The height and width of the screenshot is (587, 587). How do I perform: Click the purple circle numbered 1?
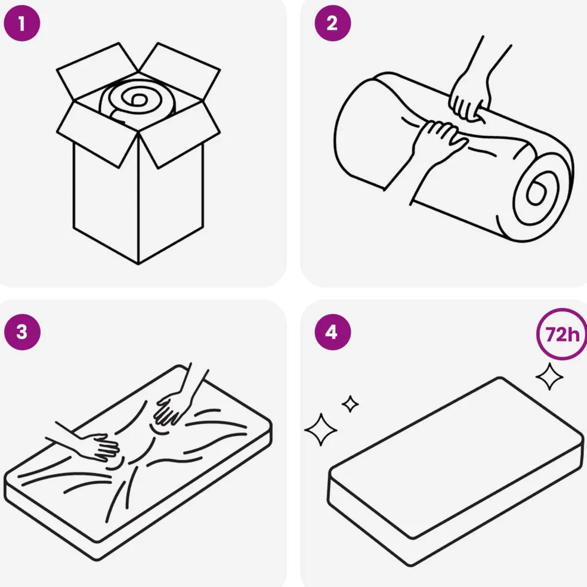click(21, 23)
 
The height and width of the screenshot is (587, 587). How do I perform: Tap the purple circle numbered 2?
click(332, 23)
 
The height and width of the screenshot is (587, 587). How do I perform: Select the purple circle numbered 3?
click(22, 332)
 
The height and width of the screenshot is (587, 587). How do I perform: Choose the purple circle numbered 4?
click(332, 332)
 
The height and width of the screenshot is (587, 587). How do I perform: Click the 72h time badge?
click(561, 334)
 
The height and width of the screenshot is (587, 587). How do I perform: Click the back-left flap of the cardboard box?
click(98, 71)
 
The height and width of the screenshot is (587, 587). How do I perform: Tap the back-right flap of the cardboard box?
click(180, 71)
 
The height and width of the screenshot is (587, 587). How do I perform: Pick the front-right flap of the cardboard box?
click(180, 135)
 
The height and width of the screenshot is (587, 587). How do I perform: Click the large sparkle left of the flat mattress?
click(321, 430)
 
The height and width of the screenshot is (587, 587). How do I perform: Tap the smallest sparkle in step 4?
click(350, 404)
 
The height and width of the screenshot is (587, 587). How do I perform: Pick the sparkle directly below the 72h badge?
click(549, 376)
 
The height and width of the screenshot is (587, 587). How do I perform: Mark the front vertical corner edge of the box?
click(138, 199)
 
